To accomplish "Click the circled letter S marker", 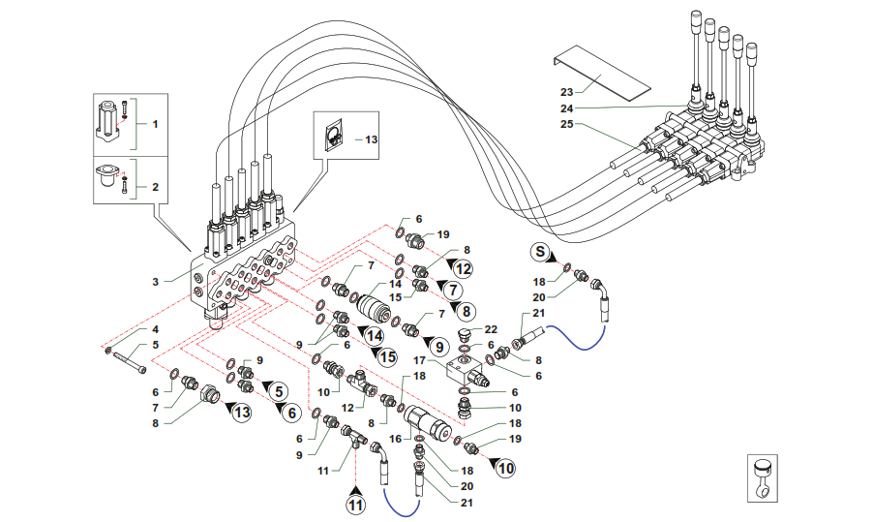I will click(x=541, y=253).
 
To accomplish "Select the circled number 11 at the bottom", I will click(x=357, y=503).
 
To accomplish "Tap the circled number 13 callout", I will click(x=240, y=414).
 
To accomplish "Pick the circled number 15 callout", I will click(x=387, y=357).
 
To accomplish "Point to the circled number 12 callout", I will click(x=464, y=269).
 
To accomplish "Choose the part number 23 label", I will click(x=567, y=91).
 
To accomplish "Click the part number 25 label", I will click(x=567, y=124).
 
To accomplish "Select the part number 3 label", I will click(x=155, y=282).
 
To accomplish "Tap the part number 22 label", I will click(x=491, y=330).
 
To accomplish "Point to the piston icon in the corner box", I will click(x=765, y=481).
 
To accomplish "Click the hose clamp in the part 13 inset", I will click(x=332, y=134).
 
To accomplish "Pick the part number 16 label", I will click(x=393, y=438).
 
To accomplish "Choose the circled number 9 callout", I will click(x=438, y=345).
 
